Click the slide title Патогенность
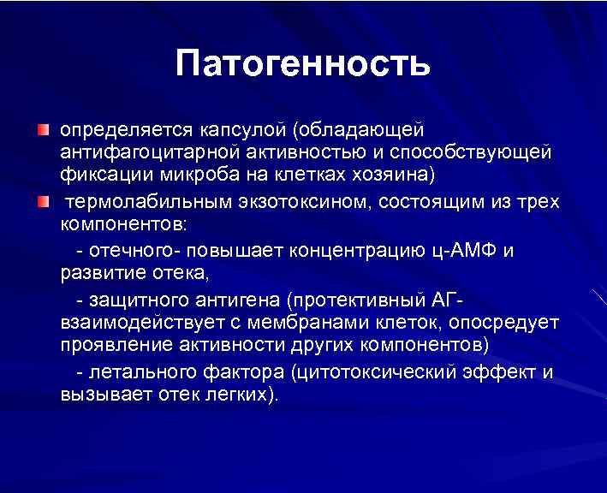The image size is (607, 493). [x=302, y=64]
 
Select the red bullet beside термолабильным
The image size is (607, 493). [x=43, y=202]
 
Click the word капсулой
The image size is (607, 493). [x=237, y=130]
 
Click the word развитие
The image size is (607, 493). [x=99, y=274]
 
